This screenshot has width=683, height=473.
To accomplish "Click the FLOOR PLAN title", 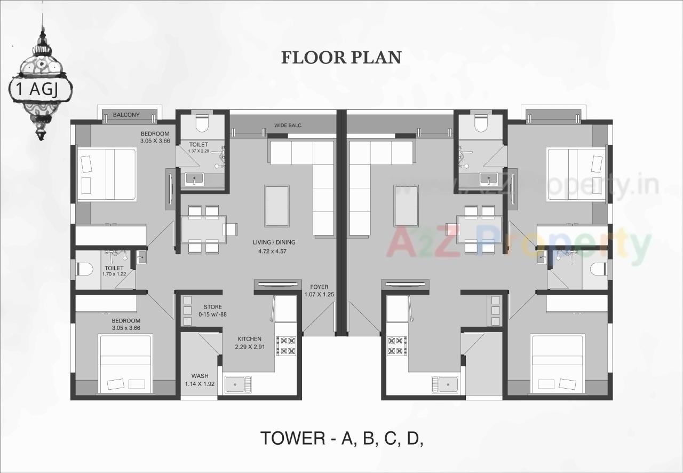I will [341, 58].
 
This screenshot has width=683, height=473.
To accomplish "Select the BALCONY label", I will [126, 115].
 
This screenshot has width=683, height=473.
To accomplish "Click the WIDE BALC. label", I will [288, 125].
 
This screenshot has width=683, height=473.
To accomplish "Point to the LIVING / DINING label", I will [274, 242].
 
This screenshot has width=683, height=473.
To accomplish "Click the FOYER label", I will [319, 287].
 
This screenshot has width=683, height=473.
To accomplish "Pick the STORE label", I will [212, 307].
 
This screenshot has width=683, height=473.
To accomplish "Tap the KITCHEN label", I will [249, 339].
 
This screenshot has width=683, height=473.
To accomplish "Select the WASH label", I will [200, 376].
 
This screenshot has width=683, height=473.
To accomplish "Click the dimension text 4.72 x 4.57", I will [273, 250].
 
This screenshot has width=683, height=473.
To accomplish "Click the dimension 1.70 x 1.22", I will [114, 274].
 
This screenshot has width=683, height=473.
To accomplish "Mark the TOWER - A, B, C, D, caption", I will [341, 438].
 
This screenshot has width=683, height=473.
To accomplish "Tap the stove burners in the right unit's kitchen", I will [398, 345].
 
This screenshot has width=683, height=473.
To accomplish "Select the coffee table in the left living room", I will [277, 206].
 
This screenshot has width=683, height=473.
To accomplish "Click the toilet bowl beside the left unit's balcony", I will [202, 123].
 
